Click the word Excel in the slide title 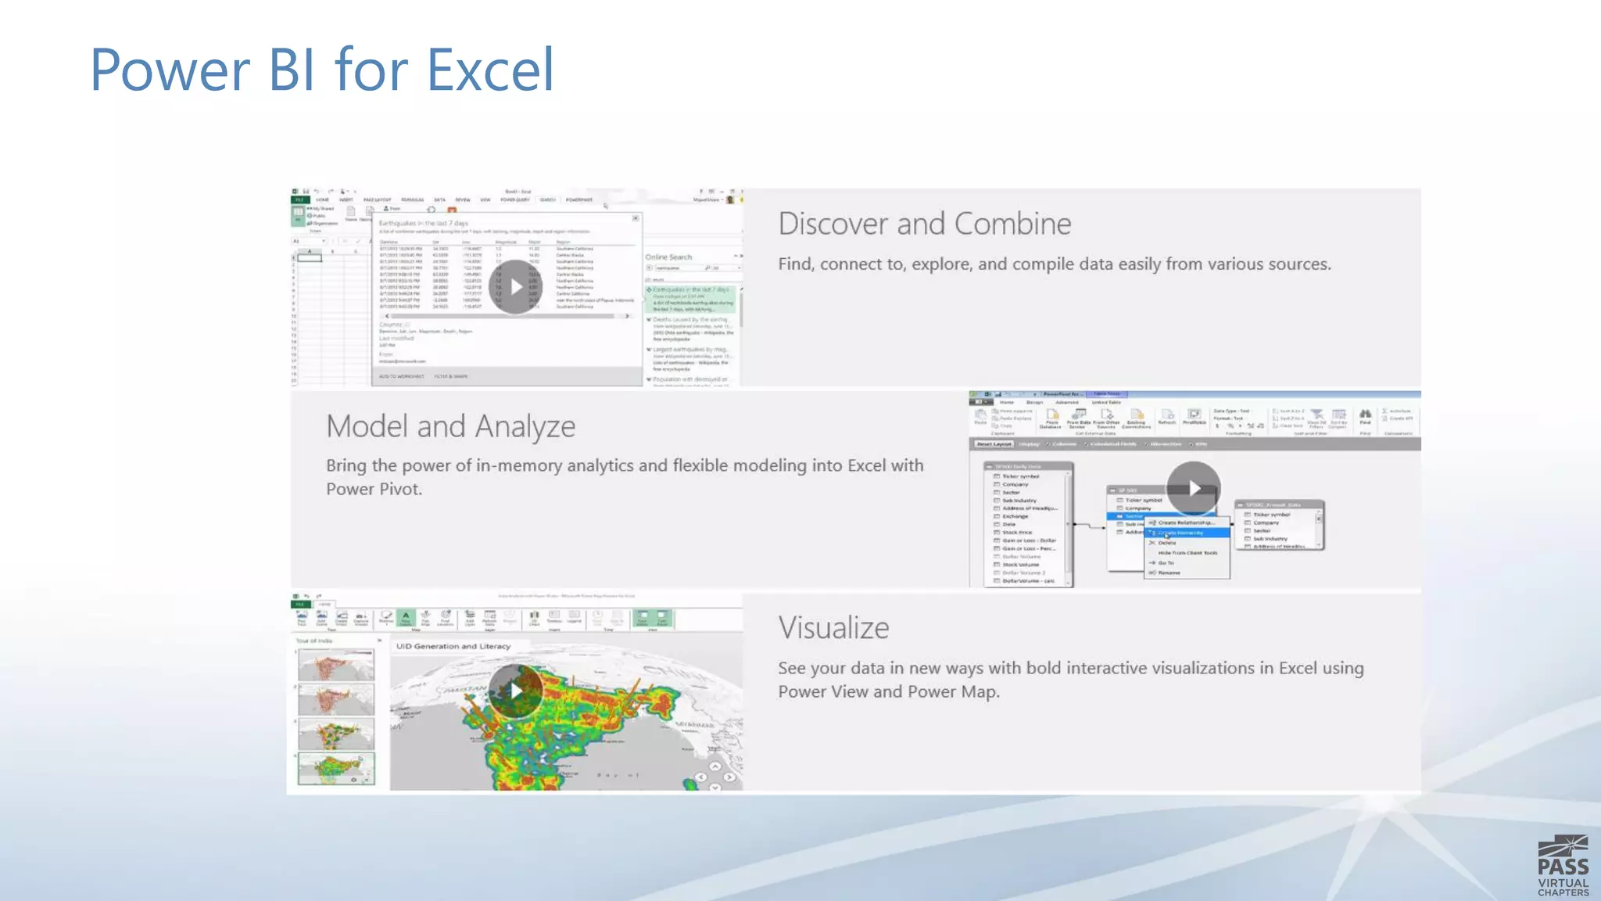coord(490,70)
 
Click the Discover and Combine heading coord(924,224)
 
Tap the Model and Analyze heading coord(450,427)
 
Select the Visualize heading coord(833,628)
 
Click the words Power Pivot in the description coord(373,490)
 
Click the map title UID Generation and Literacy coord(453,647)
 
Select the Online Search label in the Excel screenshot coord(668,257)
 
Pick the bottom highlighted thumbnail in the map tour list coord(336,768)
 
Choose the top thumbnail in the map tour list coord(336,666)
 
